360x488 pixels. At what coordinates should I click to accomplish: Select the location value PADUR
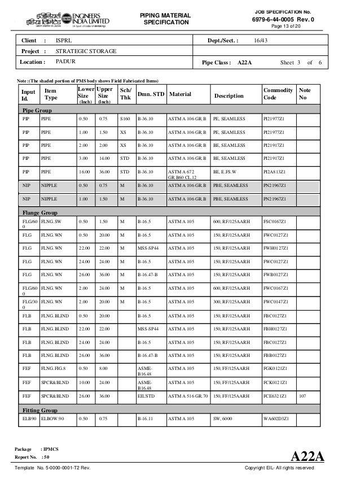coord(64,62)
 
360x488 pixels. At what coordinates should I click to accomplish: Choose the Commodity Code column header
coord(278,94)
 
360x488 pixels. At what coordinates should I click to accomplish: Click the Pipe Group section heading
coord(37,110)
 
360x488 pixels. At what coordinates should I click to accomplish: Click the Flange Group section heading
coord(41,212)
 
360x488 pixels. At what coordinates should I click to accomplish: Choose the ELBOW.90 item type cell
coord(53,420)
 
